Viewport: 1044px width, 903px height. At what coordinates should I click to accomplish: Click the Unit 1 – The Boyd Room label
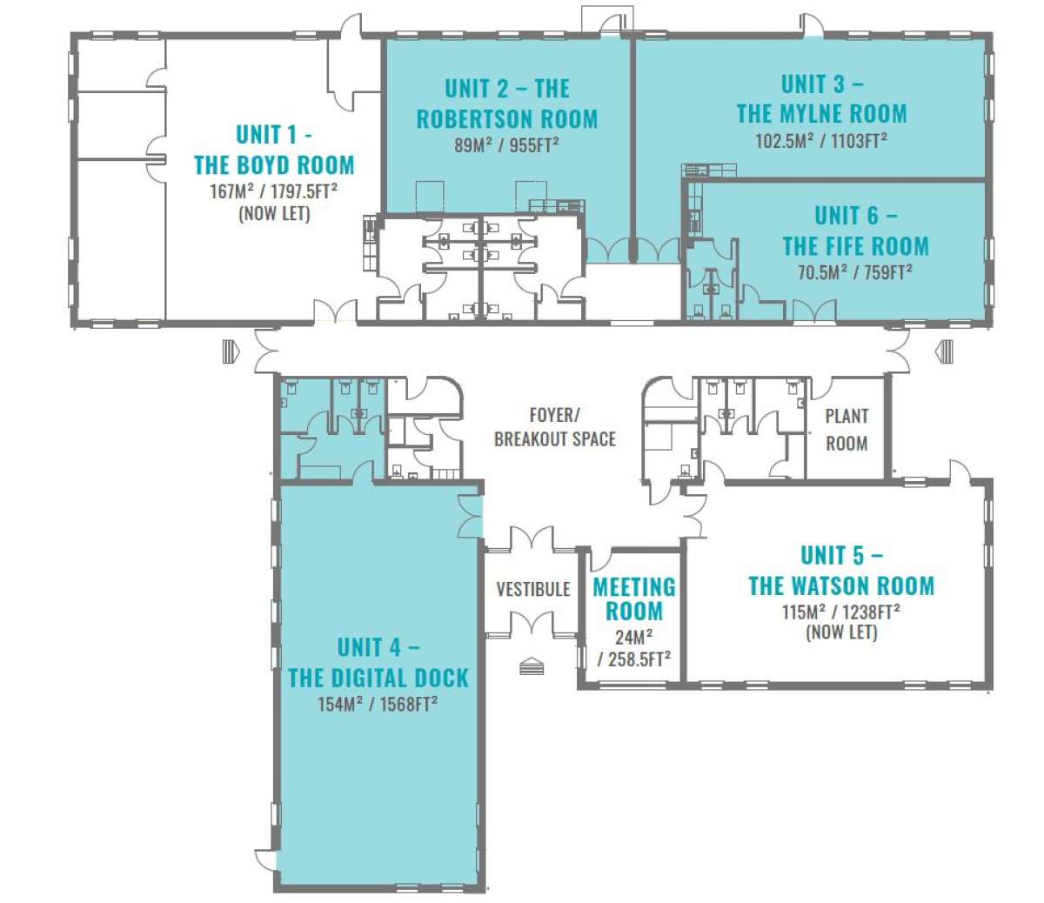click(274, 150)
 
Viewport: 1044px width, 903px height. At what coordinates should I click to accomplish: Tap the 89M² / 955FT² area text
click(506, 145)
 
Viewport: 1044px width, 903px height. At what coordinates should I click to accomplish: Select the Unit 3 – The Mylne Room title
click(822, 98)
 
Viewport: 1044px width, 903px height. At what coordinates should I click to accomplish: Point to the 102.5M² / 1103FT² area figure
click(821, 140)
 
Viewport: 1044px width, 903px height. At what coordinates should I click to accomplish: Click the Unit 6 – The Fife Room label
click(856, 231)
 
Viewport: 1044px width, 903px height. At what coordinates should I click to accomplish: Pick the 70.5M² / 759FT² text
click(855, 272)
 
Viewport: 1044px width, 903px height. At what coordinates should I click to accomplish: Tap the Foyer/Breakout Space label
click(554, 427)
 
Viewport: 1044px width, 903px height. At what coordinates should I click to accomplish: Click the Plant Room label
click(847, 430)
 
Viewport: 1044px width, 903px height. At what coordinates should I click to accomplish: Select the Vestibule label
click(532, 589)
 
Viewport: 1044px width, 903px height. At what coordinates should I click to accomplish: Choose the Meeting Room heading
click(634, 599)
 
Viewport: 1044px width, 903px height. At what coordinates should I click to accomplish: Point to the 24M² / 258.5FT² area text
click(634, 648)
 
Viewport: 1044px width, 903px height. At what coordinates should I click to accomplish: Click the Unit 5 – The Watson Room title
click(841, 571)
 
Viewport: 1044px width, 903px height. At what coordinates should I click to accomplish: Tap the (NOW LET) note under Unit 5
click(841, 632)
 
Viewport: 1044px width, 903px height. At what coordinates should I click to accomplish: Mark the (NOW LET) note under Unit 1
click(274, 214)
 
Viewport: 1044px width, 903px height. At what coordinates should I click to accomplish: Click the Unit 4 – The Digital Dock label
click(378, 663)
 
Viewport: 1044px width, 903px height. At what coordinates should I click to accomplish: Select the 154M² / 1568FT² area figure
click(378, 704)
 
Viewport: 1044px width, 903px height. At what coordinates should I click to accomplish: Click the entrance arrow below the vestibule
click(532, 666)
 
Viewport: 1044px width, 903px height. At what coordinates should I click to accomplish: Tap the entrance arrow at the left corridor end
click(231, 351)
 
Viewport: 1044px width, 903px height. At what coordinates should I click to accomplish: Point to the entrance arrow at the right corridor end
click(943, 351)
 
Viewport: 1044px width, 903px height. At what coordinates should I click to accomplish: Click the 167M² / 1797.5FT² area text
click(274, 191)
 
